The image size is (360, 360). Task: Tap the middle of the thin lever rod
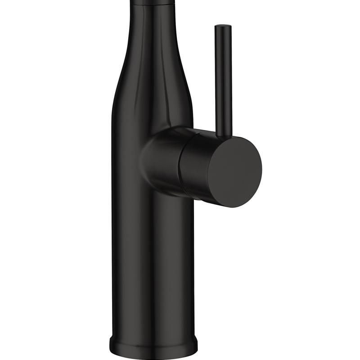222,81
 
